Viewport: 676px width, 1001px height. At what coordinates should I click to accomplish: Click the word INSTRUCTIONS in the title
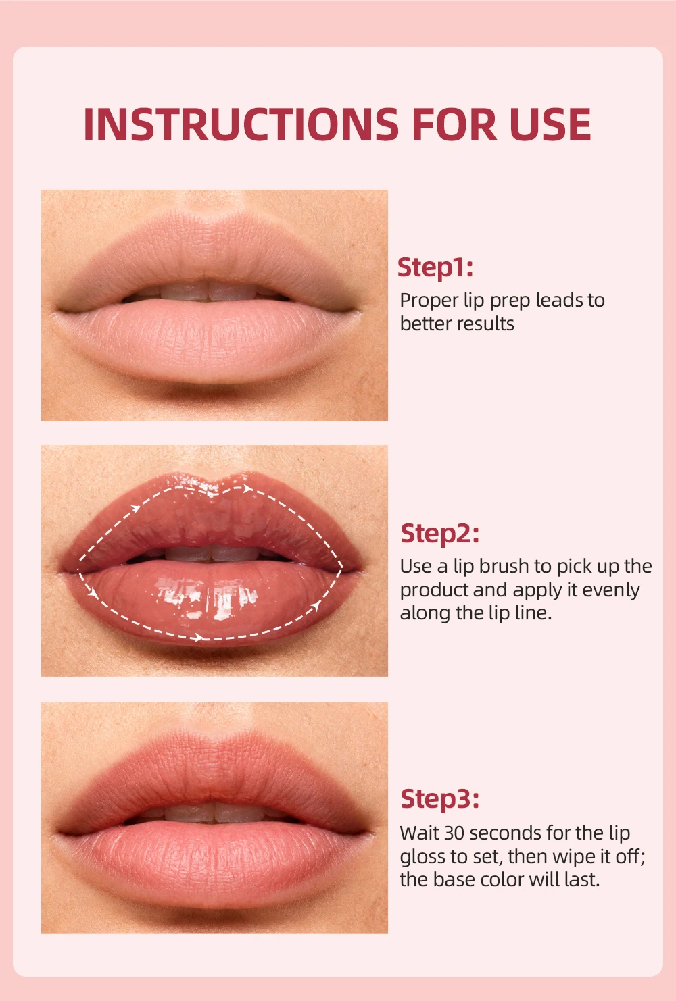(241, 124)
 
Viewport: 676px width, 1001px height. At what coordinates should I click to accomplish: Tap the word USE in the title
(550, 124)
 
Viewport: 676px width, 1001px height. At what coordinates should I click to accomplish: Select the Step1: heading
(435, 267)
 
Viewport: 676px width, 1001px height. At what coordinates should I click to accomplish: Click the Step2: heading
(439, 534)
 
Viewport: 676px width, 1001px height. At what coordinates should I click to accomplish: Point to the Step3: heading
(439, 800)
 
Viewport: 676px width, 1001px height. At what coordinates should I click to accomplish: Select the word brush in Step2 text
(504, 566)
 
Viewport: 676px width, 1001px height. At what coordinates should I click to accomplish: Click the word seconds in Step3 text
(505, 833)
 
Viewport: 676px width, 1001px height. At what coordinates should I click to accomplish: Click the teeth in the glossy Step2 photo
(210, 553)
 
